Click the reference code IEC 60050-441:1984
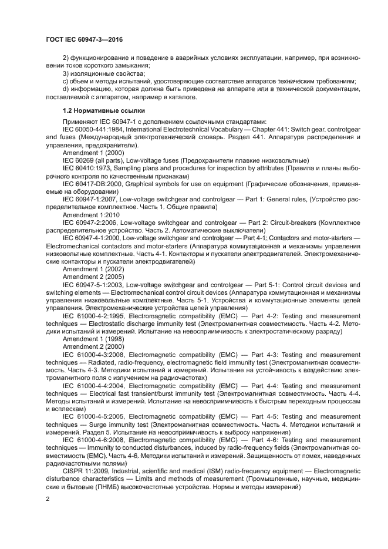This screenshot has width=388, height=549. (91, 129)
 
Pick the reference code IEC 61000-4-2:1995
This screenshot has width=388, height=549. (93, 315)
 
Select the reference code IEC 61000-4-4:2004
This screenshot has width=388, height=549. (93, 386)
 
